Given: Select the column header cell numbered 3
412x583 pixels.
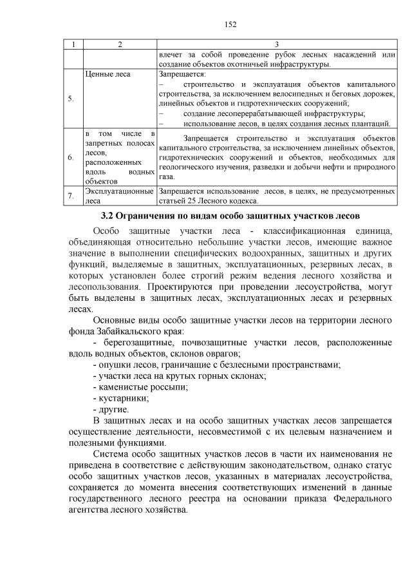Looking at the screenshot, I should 276,44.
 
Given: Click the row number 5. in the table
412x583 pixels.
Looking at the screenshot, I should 71,99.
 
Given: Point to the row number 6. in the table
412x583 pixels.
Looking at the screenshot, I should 71,157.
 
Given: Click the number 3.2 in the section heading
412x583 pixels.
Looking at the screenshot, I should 109,215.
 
